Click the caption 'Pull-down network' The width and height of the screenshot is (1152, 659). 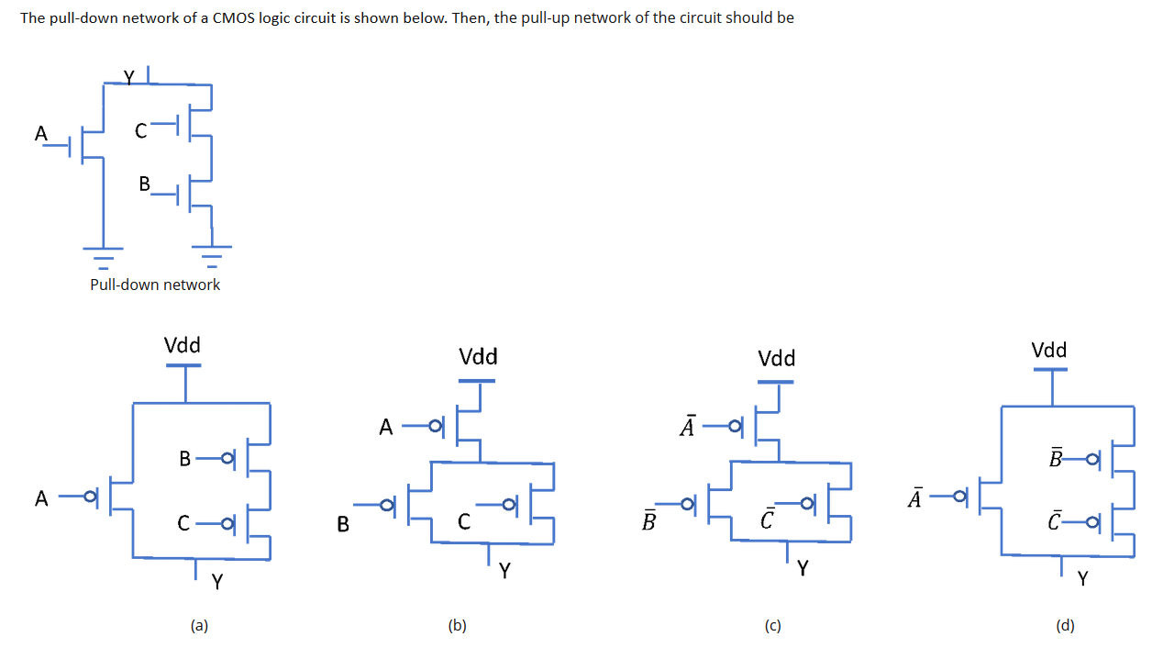coord(155,285)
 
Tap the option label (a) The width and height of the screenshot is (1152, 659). coord(199,626)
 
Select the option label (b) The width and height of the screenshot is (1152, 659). coord(457,626)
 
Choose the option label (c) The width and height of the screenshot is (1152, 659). coord(772,626)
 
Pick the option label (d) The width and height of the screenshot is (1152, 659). coord(1064,626)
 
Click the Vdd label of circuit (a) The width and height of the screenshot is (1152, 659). coord(183,345)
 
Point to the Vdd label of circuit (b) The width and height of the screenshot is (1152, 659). coord(478,356)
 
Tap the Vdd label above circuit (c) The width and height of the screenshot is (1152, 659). coord(777,357)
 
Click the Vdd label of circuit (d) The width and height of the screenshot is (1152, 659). coord(1049,350)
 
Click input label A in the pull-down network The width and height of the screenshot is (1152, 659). coord(39,133)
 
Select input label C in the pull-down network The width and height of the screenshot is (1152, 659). coord(140,131)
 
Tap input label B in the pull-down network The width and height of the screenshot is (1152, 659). coord(144,184)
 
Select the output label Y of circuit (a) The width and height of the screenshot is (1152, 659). coord(217,581)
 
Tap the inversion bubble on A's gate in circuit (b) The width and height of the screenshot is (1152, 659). coord(435,425)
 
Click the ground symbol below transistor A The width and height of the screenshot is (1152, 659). coord(104,252)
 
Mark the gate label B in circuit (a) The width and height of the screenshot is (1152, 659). coord(185,458)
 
